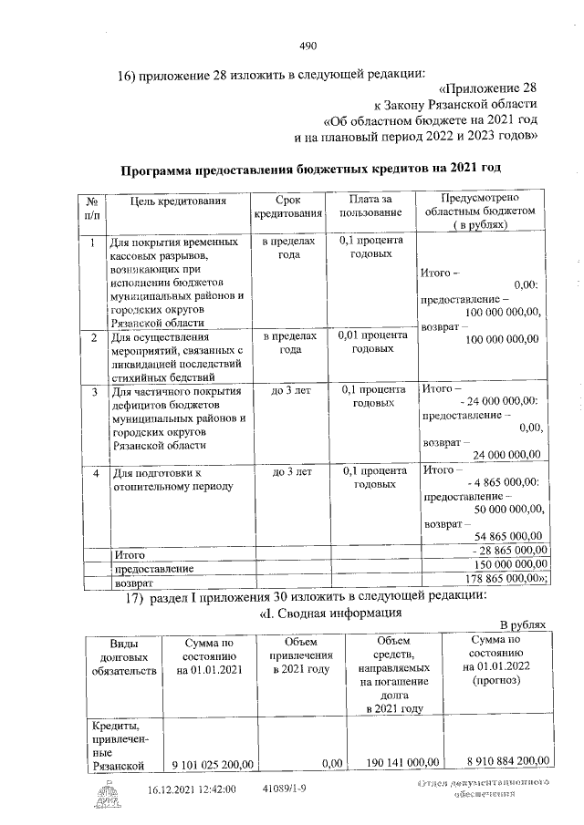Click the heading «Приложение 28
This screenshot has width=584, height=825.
pyautogui.click(x=488, y=88)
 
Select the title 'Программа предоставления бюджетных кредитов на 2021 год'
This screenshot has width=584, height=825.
pyautogui.click(x=312, y=169)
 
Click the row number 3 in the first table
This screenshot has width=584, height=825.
pyautogui.click(x=94, y=392)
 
